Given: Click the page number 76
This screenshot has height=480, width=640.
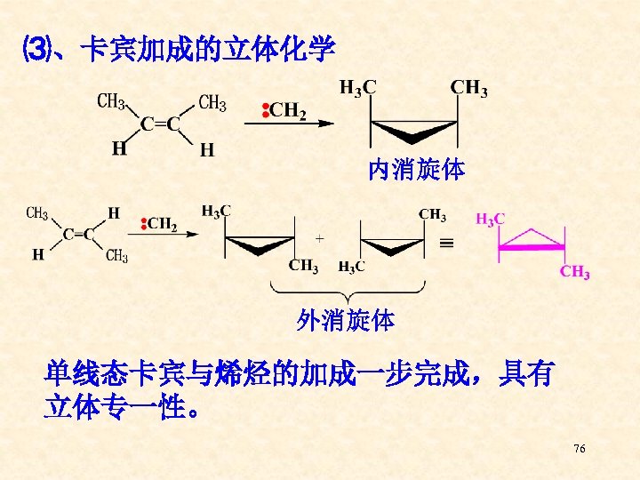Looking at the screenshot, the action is coord(580,449).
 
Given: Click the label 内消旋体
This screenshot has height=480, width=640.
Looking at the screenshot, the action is coord(416,169).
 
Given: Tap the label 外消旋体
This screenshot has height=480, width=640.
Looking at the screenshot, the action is coord(346,320).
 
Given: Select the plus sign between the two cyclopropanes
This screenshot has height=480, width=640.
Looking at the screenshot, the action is coord(319,238).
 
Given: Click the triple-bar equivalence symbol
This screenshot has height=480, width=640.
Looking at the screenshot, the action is coord(450,240).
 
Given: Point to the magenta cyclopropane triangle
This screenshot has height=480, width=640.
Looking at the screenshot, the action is coord(531,238).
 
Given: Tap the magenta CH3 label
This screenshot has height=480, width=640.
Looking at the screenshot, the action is coord(574,273).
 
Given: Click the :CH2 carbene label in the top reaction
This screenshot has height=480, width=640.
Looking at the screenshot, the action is coord(284,110).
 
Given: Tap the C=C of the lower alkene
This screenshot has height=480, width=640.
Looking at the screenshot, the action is coord(78,235).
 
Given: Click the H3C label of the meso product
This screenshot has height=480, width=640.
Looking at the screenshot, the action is coord(357,87).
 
